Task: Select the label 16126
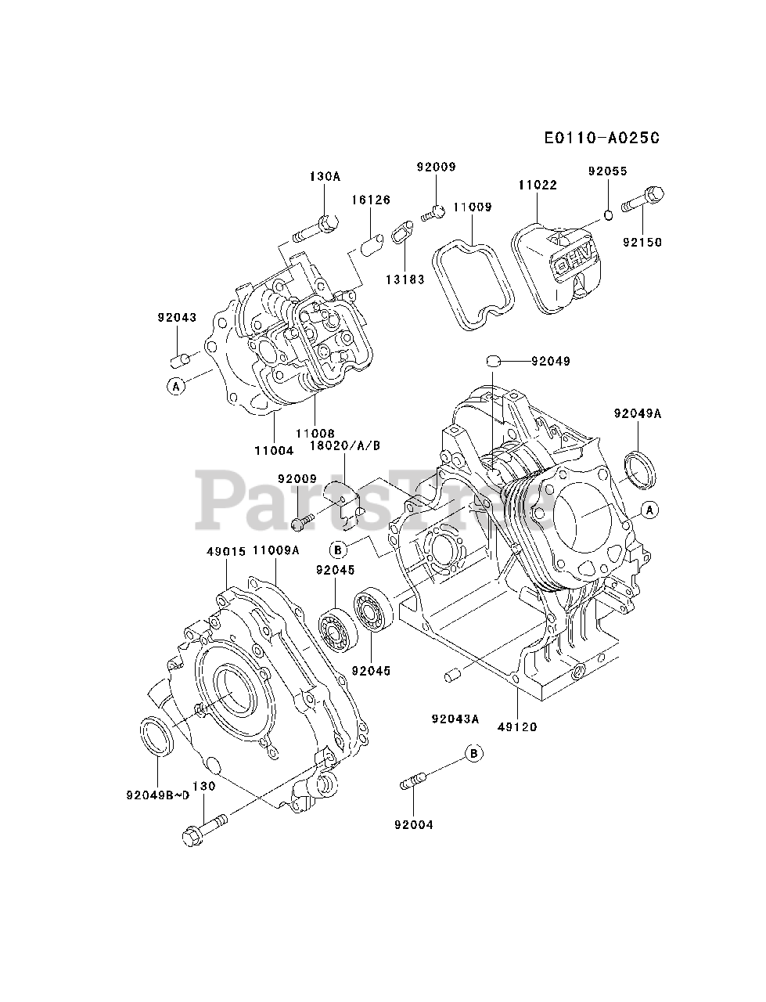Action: [x=371, y=200]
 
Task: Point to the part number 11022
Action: [x=537, y=186]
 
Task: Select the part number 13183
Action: [x=404, y=279]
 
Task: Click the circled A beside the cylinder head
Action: [x=177, y=385]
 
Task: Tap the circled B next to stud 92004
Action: [x=473, y=754]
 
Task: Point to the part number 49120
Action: [x=517, y=726]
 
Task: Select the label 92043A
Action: [x=455, y=718]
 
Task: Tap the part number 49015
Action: [x=226, y=550]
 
